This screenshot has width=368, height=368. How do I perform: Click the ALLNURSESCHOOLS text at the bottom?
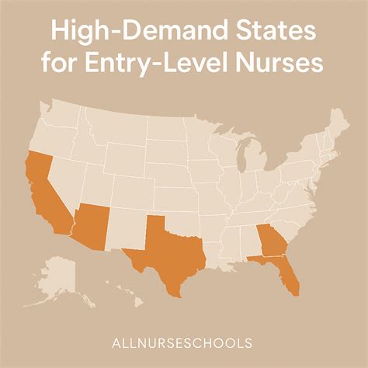coord(184,341)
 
